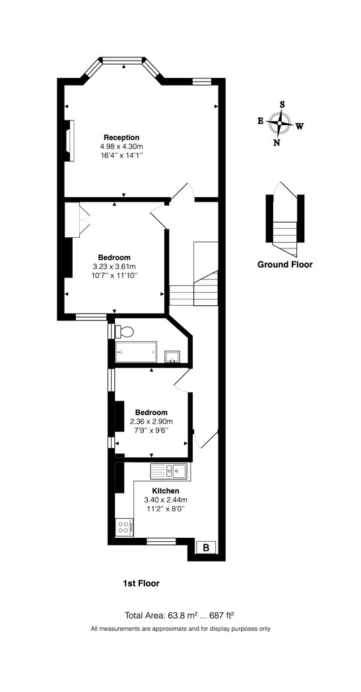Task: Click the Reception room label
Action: click(121, 137)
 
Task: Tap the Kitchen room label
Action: click(166, 491)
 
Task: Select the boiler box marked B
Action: click(206, 548)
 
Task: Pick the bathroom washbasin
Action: click(172, 356)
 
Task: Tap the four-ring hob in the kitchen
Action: click(124, 527)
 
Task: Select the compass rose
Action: click(279, 124)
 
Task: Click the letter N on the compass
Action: click(277, 142)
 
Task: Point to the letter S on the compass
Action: click(282, 105)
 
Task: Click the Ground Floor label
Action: click(285, 265)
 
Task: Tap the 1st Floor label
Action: click(141, 583)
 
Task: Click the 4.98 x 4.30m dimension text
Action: click(121, 146)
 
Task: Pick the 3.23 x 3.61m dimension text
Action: click(114, 266)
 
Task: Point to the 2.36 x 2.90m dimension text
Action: click(151, 421)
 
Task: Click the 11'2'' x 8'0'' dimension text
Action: click(166, 508)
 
